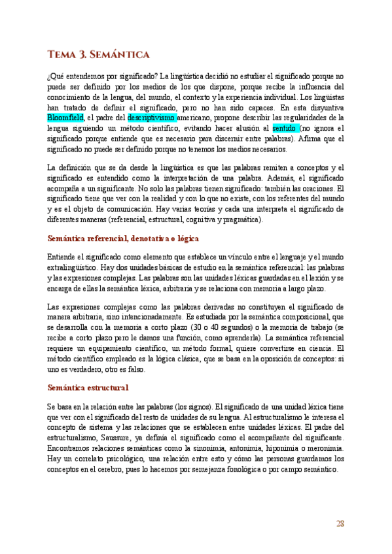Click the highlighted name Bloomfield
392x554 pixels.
pyautogui.click(x=65, y=118)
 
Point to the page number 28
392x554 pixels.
pyautogui.click(x=340, y=523)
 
